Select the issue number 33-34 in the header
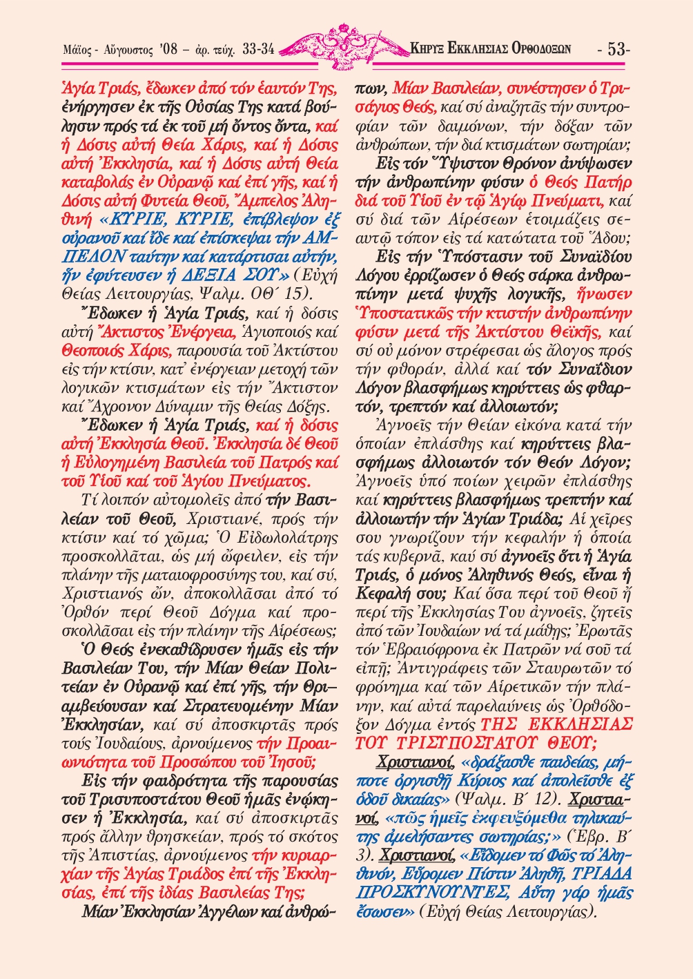(x=259, y=49)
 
